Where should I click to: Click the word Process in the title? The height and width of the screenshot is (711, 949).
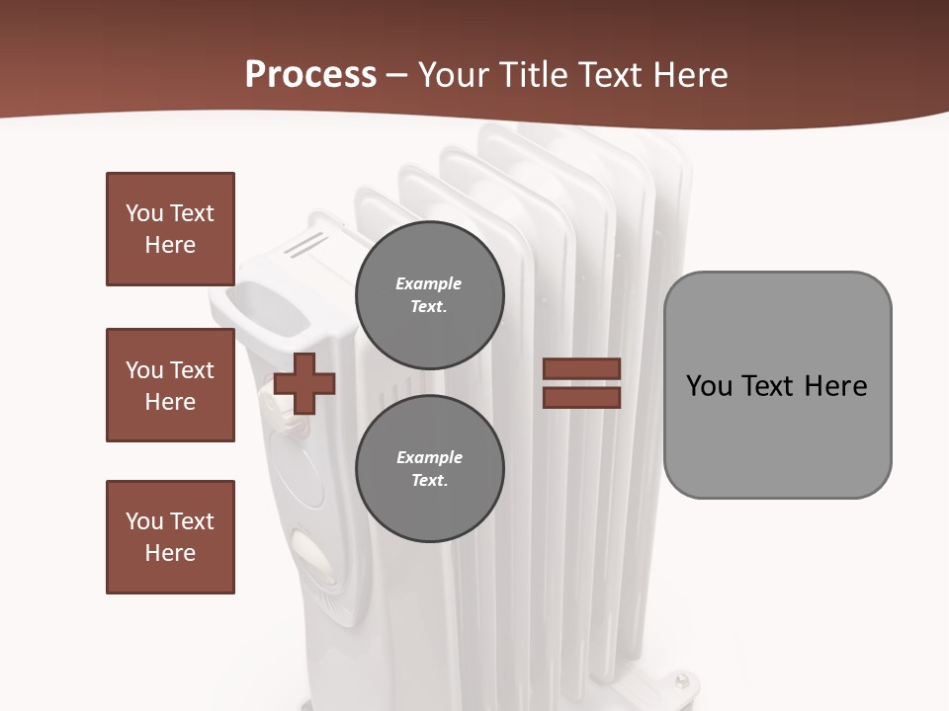point(310,74)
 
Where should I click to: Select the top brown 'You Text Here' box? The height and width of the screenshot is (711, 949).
point(170,229)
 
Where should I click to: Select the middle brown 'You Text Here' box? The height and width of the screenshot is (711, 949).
point(170,385)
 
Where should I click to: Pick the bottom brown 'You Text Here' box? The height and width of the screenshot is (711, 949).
point(170,536)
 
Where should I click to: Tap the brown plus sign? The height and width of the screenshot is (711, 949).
point(304,383)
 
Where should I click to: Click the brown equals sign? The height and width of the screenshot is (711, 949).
point(581,383)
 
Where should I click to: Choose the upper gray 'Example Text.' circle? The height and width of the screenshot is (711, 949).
point(429,294)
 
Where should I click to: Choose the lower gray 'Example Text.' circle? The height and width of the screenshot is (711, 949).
point(429,468)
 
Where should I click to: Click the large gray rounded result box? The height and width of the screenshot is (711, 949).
point(777,385)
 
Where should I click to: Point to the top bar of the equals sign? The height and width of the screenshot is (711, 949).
point(581,369)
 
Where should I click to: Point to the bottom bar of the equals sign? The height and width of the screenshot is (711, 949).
point(581,397)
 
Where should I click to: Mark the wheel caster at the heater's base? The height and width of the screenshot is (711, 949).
point(682,680)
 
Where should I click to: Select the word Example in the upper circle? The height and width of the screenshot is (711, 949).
point(429,283)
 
